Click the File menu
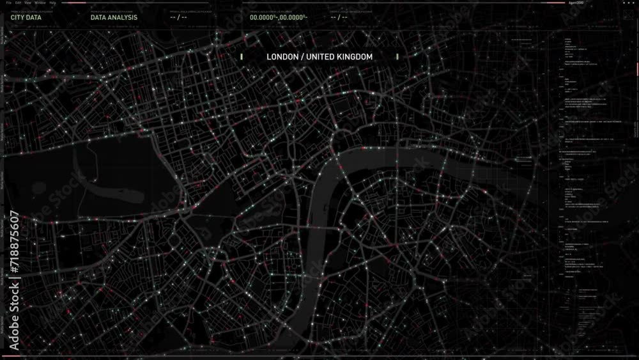pyautogui.click(x=9, y=3)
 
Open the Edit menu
pyautogui.click(x=18, y=3)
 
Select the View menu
pyautogui.click(x=28, y=3)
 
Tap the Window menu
pyautogui.click(x=40, y=3)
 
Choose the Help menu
pyautogui.click(x=52, y=3)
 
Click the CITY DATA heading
pyautogui.click(x=26, y=17)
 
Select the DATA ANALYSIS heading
pyautogui.click(x=114, y=17)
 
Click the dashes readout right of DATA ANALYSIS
pyautogui.click(x=178, y=17)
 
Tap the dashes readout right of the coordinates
pyautogui.click(x=339, y=17)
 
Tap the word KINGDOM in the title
pyautogui.click(x=355, y=57)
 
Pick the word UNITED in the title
pyautogui.click(x=320, y=57)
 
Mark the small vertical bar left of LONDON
pyautogui.click(x=242, y=57)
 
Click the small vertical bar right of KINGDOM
pyautogui.click(x=397, y=57)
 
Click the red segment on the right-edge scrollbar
pyautogui.click(x=636, y=68)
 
